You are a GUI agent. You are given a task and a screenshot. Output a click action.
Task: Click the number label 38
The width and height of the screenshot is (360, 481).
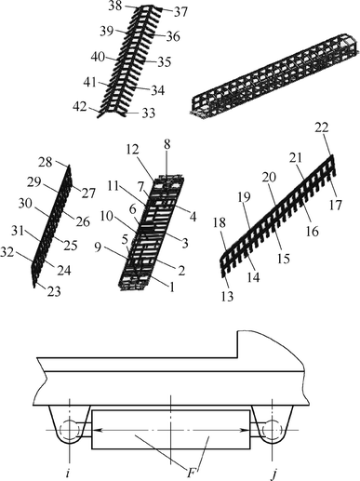click(x=115, y=7)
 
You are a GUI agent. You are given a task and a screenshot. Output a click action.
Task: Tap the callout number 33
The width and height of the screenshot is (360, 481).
click(x=149, y=114)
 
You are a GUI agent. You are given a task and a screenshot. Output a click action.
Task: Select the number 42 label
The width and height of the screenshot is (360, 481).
click(x=80, y=106)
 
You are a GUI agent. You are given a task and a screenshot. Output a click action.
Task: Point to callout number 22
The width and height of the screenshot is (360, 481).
click(x=322, y=127)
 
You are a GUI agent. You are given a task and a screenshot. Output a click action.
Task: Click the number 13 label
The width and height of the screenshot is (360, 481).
click(x=227, y=297)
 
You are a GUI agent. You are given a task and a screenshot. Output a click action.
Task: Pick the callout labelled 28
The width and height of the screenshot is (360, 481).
click(x=46, y=163)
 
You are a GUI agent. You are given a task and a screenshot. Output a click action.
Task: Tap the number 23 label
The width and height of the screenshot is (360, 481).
click(x=54, y=291)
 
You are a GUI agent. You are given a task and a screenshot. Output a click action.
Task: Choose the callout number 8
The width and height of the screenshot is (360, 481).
click(x=167, y=145)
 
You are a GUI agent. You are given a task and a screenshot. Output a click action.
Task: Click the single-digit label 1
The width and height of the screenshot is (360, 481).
click(x=171, y=287)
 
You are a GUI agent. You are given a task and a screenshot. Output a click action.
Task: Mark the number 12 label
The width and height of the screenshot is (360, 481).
click(x=133, y=150)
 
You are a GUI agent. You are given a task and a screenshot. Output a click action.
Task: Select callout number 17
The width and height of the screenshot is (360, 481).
click(x=335, y=205)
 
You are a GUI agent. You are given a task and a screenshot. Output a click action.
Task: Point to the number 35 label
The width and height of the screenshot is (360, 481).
click(x=164, y=62)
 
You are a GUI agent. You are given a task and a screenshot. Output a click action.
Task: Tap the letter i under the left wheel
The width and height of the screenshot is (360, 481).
click(x=68, y=474)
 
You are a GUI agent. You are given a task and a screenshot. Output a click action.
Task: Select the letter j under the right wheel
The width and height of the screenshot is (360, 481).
click(x=273, y=474)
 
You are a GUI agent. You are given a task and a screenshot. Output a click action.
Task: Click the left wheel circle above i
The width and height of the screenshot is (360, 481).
click(x=70, y=431)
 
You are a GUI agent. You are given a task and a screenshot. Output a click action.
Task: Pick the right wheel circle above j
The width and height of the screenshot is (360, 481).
click(x=272, y=431)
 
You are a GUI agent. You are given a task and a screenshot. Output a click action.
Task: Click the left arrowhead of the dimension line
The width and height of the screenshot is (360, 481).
click(x=96, y=430)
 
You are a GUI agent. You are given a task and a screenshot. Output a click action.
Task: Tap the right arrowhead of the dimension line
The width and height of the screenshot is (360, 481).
click(x=246, y=430)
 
